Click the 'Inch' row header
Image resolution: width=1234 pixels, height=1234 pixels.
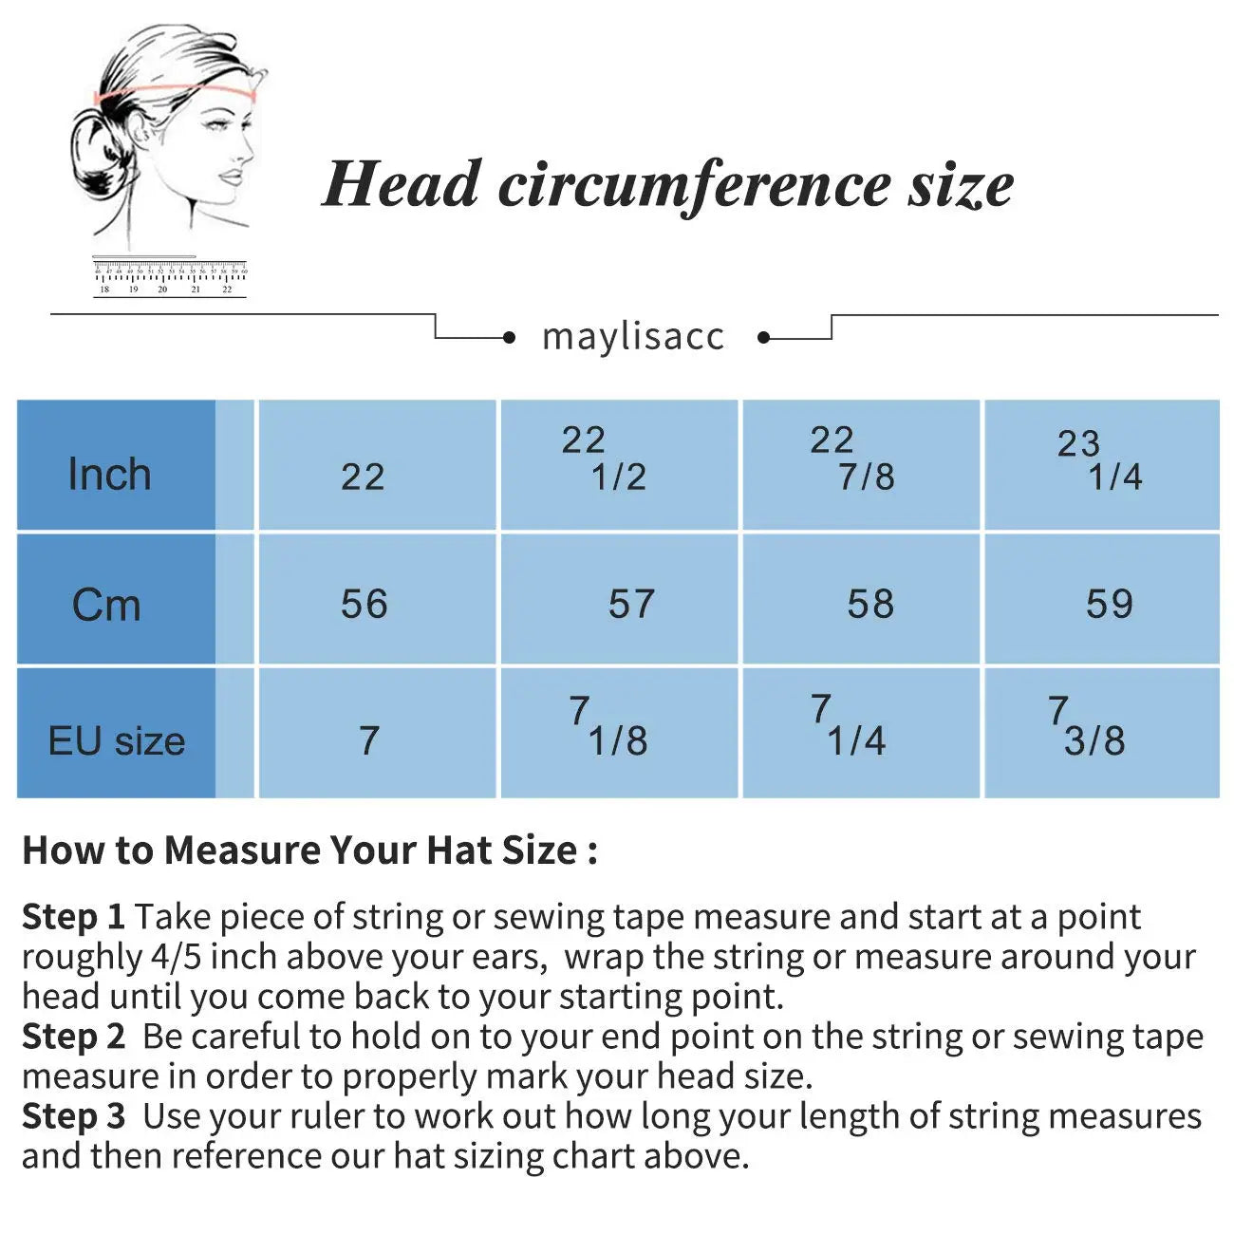pos(110,474)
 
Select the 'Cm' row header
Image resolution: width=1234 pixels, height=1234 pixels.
pos(107,605)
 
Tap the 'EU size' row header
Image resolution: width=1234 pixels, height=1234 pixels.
pos(116,740)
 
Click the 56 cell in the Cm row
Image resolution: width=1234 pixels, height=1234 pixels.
pos(365,604)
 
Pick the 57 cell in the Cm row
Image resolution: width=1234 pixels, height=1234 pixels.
pos(631,604)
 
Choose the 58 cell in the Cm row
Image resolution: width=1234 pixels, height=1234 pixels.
pos(870,604)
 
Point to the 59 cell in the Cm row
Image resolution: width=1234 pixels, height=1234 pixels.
pos(1110,604)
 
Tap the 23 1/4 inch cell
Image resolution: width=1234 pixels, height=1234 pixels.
pos(1100,460)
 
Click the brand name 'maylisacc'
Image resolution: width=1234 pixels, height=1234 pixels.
pos(633,336)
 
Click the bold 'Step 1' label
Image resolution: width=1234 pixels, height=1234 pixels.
pos(73,917)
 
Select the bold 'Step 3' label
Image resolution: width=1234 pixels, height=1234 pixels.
pos(73,1116)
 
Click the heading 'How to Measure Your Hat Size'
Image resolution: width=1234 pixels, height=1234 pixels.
pos(309,851)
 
